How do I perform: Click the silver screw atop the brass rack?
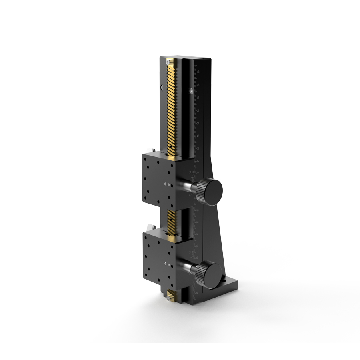pos(168,62)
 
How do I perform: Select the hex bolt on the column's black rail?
pos(191,91)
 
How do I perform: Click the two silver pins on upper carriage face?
pos(167,184)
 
